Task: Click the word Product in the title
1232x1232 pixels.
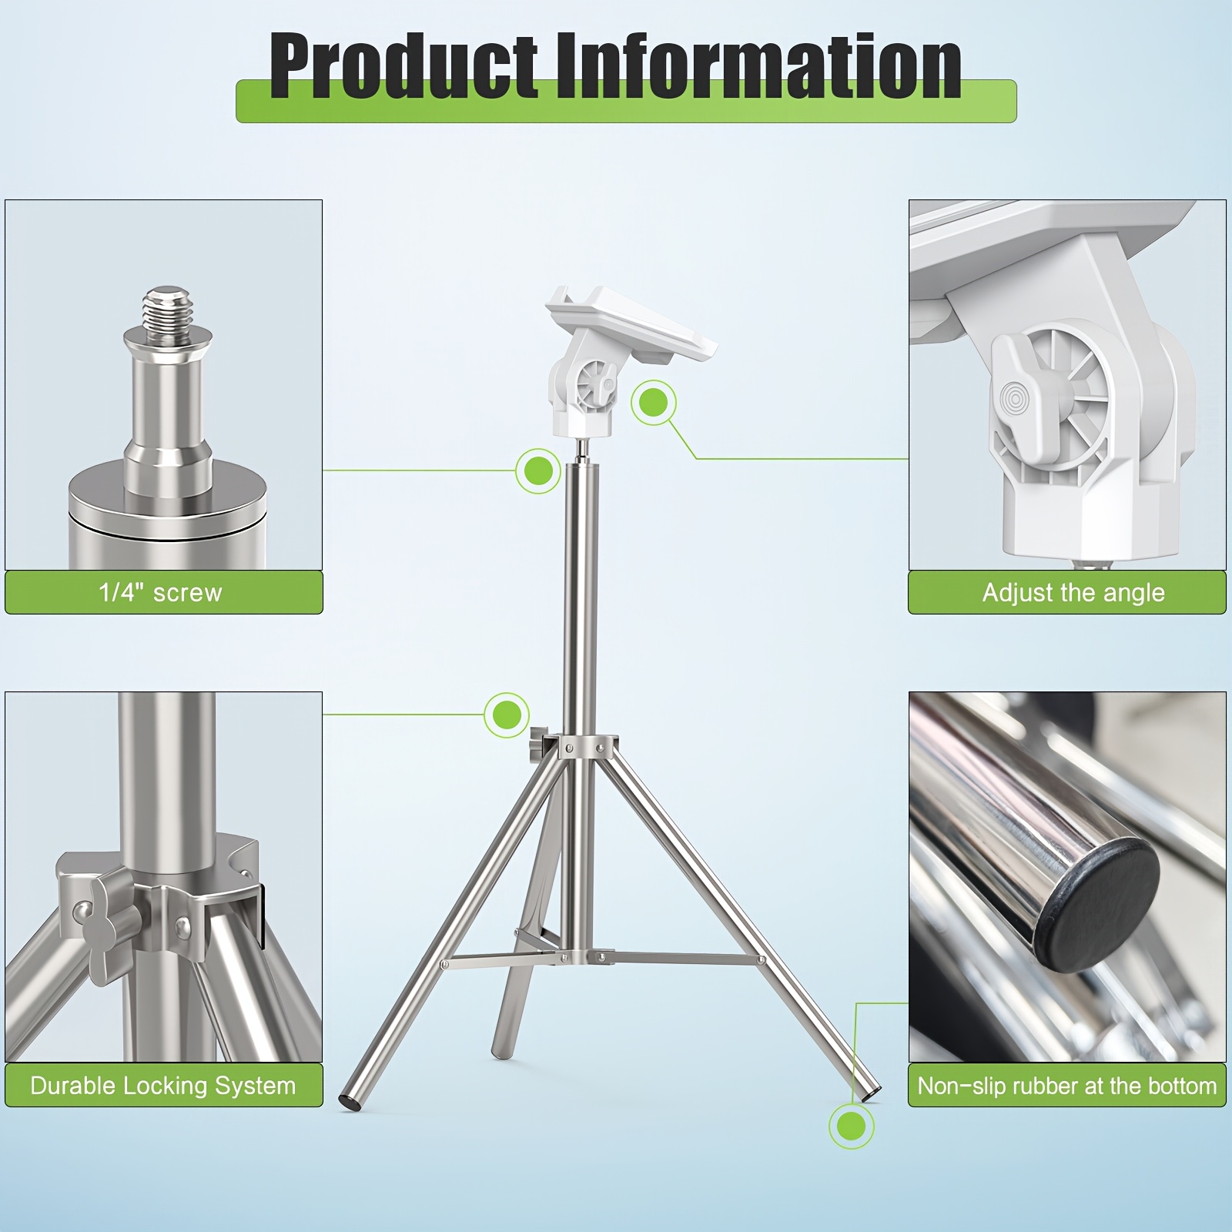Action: pos(404,68)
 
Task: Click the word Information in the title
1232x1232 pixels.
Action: pos(758,68)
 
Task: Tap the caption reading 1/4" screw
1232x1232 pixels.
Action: pos(160,592)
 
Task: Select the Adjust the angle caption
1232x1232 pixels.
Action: pos(1073,592)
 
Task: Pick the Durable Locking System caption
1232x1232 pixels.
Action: pos(163,1086)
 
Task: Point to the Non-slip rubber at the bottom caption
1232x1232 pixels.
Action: pos(1067,1086)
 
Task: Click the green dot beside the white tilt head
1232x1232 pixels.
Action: pos(654,402)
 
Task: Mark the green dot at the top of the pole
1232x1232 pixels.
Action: pos(538,470)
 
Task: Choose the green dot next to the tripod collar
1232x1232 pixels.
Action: pos(507,715)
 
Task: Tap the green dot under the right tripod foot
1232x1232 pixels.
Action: pos(852,1126)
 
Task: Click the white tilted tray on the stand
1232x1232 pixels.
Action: pos(631,323)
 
